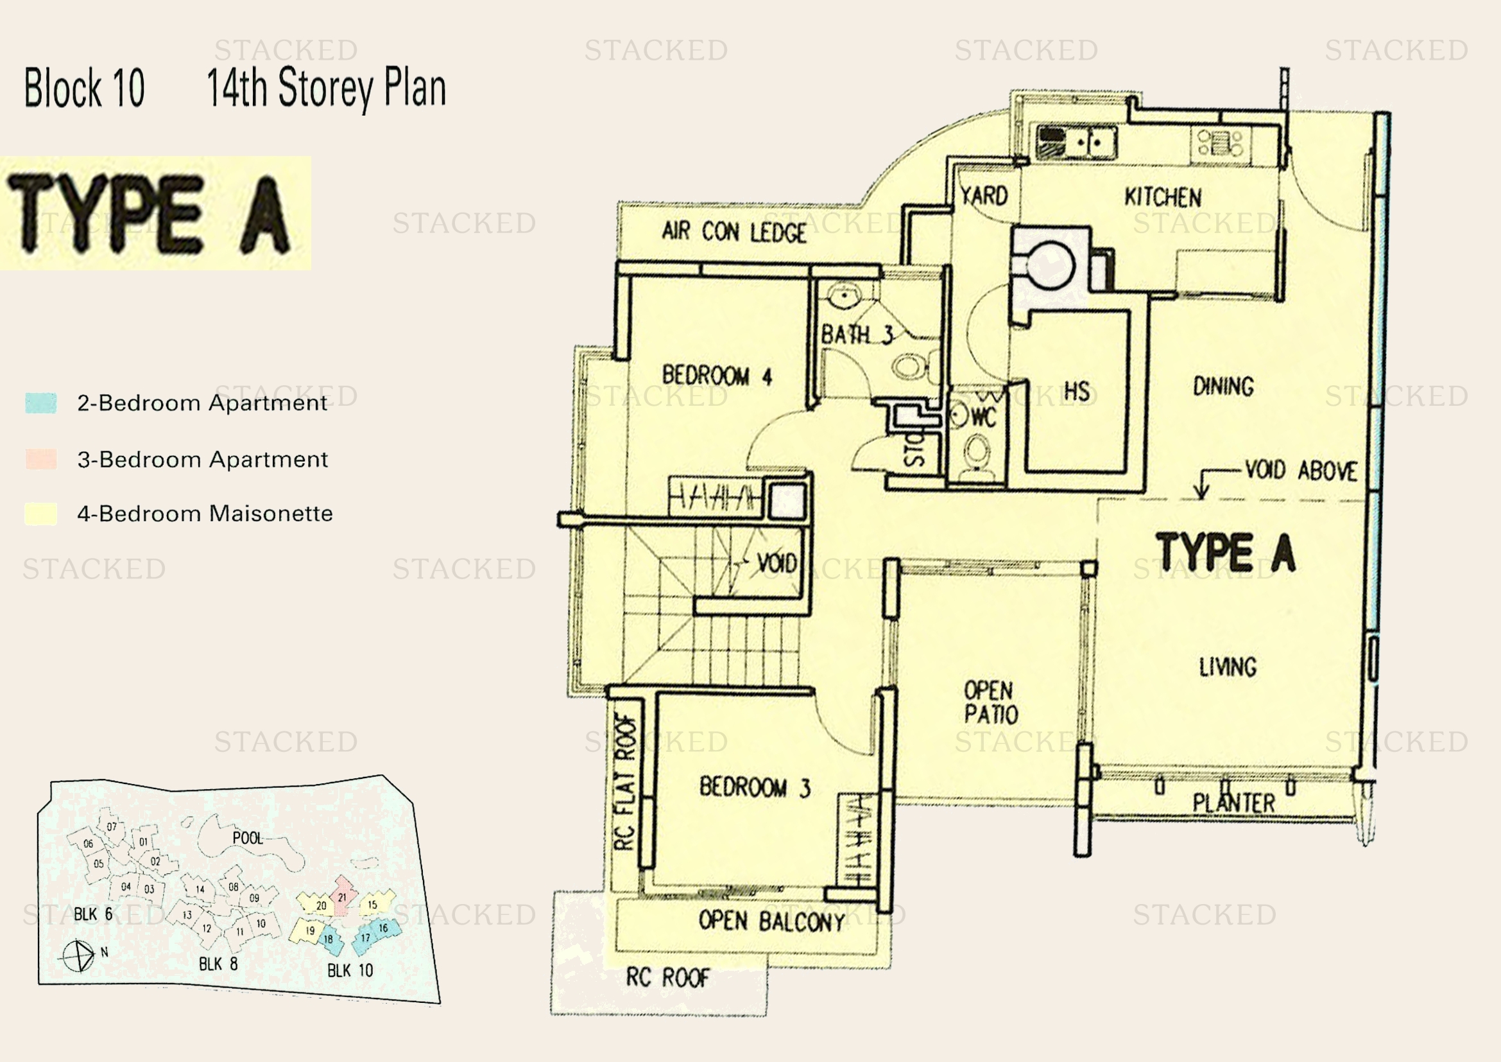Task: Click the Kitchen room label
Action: click(1162, 197)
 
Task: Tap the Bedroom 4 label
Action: click(717, 376)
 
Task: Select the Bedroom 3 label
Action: click(755, 787)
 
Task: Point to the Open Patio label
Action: click(990, 702)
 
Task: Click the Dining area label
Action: click(1223, 387)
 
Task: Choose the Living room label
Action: click(1227, 667)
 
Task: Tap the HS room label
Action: click(1077, 392)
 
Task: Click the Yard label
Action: click(983, 196)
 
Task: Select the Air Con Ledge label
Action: click(733, 232)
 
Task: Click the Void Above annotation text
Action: click(1300, 470)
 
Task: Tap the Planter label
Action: click(1233, 803)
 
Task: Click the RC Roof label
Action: click(667, 978)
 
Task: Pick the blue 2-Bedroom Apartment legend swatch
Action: click(40, 403)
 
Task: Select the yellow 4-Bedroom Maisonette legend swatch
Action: click(40, 514)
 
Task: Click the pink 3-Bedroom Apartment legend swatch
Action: click(40, 459)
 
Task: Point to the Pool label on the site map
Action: click(247, 839)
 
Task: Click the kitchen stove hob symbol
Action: click(1220, 143)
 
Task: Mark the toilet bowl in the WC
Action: click(977, 451)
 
